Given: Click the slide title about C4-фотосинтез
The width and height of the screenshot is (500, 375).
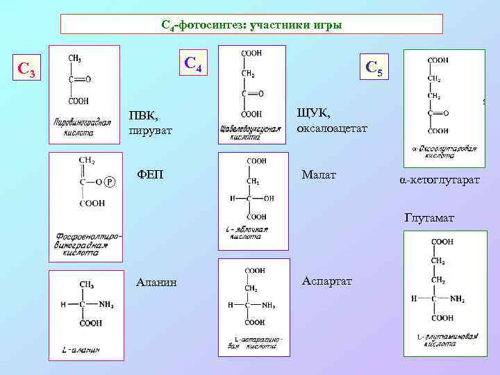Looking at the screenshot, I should tap(251, 25).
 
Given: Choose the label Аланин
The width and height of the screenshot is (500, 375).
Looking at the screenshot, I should tap(156, 282).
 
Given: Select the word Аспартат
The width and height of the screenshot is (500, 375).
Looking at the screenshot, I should tap(327, 281).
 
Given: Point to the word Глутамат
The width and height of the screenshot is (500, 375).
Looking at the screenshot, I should tap(429, 218).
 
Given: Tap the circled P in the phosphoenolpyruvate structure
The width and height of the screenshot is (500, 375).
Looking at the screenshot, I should tap(110, 182).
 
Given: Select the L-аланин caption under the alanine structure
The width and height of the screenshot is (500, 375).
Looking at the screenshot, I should tap(82, 349).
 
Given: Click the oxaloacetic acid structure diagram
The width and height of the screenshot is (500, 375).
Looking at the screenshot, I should tap(251, 94).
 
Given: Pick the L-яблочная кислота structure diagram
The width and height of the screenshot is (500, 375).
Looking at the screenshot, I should tap(251, 200).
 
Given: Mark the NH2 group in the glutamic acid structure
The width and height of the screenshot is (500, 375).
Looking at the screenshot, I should tap(456, 299).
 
